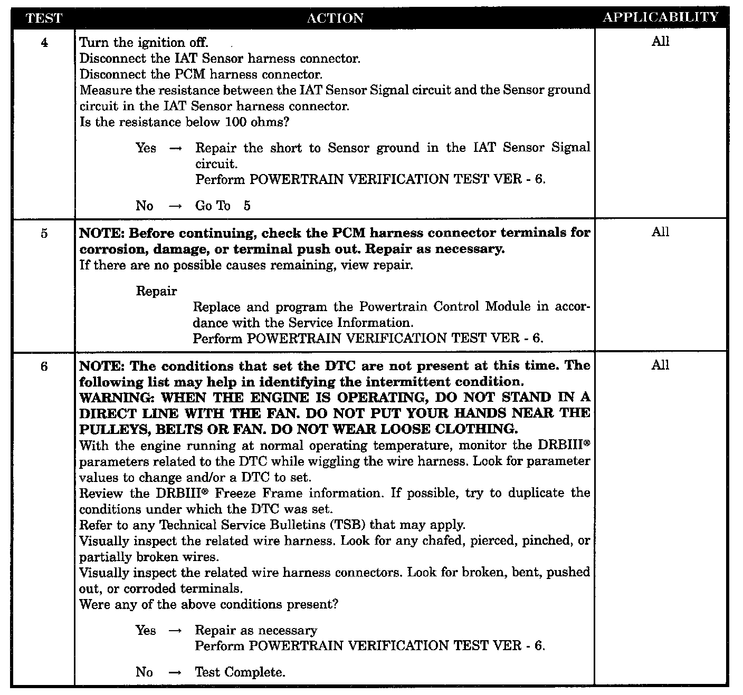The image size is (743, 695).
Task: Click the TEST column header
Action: point(44,18)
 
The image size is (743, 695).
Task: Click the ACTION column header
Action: point(335,18)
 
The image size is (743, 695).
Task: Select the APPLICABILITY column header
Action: point(661,17)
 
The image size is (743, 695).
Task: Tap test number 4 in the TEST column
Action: point(44,43)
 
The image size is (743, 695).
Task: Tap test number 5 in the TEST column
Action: point(44,233)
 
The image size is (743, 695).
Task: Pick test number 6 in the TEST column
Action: point(44,366)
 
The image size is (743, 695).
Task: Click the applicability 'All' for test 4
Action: point(660,42)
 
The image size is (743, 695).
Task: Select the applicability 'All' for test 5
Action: point(660,232)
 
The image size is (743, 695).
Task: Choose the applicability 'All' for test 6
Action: point(660,365)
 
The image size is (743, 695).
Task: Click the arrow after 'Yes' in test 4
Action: point(175,149)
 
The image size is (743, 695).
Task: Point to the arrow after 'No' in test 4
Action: point(175,206)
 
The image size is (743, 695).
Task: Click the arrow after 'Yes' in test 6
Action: point(175,631)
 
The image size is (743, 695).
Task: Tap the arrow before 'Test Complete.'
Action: point(175,672)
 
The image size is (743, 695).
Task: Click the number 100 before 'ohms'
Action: point(235,122)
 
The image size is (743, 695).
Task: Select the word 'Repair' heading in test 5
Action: point(156,291)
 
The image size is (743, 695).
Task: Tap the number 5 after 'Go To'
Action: point(247,206)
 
